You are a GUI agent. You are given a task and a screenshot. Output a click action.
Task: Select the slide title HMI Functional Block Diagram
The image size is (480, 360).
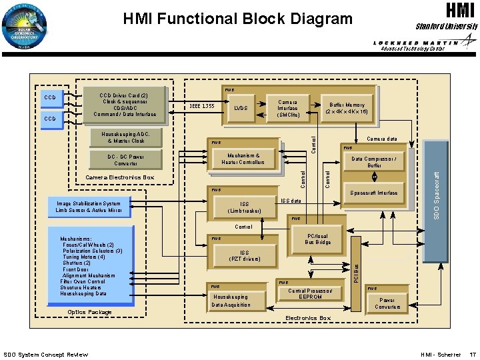(237, 19)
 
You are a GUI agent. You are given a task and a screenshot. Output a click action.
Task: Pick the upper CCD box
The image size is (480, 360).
(49, 97)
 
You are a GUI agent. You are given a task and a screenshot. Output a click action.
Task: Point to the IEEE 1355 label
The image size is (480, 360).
(201, 106)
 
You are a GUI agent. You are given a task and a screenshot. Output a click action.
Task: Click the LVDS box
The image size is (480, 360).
(241, 108)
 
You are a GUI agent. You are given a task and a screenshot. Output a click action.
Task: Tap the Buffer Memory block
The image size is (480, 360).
(346, 109)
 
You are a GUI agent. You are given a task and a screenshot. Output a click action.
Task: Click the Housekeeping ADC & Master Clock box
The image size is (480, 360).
(125, 137)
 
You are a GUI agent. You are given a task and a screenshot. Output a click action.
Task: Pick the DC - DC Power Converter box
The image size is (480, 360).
(125, 160)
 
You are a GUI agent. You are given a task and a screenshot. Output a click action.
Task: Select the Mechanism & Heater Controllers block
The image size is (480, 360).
(243, 159)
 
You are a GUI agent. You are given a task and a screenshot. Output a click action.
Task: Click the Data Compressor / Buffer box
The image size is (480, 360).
(374, 162)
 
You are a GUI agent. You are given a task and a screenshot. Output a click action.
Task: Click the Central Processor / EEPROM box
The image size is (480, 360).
(311, 294)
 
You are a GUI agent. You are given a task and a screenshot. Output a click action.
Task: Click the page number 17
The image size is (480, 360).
(472, 354)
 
